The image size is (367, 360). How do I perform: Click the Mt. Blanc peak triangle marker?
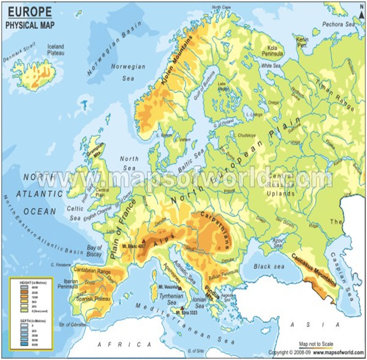144,241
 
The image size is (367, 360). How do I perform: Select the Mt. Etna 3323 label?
187,313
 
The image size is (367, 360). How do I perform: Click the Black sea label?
269,267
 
